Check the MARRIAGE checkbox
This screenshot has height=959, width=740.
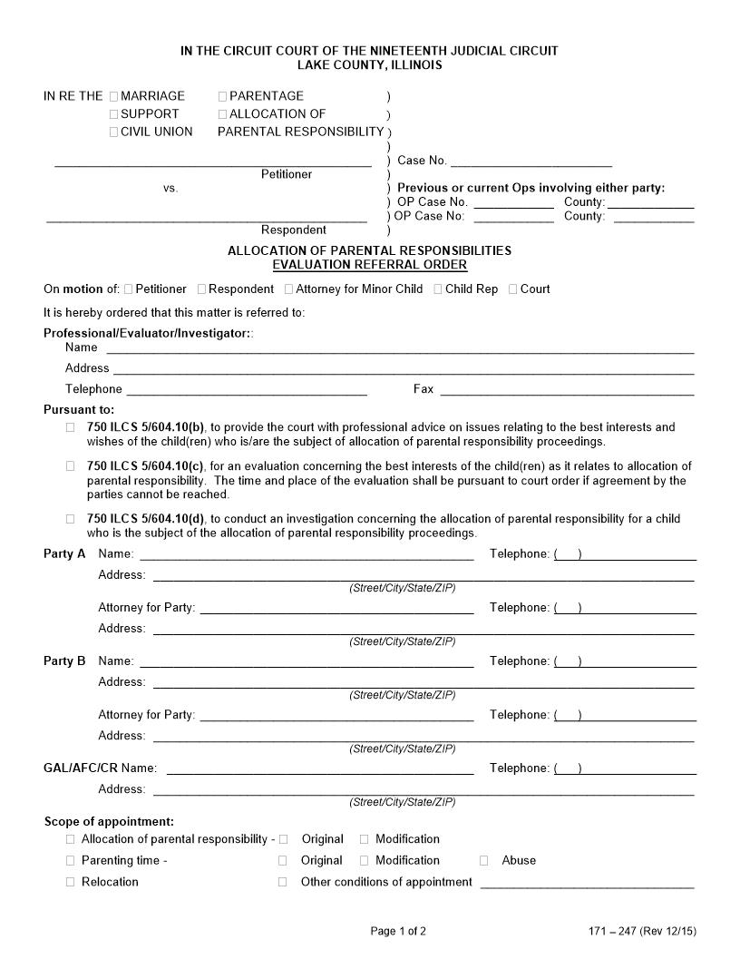tap(113, 96)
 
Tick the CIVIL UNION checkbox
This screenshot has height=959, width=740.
tap(113, 132)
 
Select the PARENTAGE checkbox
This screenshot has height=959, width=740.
tap(222, 96)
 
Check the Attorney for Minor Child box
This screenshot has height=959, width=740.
tap(288, 289)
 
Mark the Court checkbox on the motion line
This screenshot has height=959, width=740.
tap(513, 289)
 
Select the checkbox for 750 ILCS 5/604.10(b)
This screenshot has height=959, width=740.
tap(71, 427)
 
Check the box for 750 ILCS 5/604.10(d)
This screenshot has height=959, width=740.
tap(71, 519)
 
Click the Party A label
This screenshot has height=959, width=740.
tap(64, 554)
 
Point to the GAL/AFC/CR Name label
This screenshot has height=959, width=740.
tap(100, 768)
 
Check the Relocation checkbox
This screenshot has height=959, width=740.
tap(71, 882)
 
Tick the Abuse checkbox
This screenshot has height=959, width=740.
tap(483, 860)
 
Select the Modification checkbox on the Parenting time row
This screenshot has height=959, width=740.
tap(364, 860)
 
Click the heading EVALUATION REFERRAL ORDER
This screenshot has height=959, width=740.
tap(370, 265)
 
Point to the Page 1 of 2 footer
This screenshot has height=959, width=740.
tap(398, 931)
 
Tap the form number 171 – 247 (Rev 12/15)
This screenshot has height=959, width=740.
tap(642, 931)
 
